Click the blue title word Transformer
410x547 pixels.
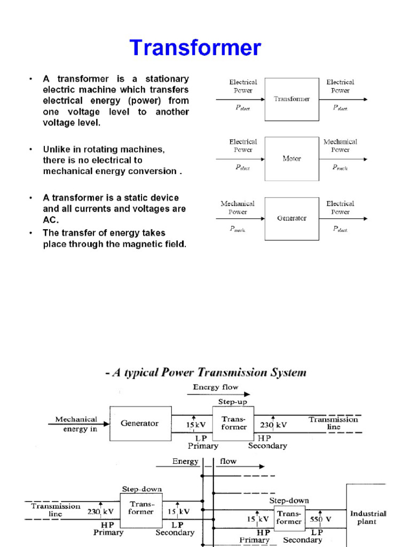195,48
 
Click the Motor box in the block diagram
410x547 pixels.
291,159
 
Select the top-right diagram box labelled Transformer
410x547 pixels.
291,99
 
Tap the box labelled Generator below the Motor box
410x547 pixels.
291,218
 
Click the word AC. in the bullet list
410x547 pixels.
51,220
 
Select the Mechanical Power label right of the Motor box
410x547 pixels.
340,146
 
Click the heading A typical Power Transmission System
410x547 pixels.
206,372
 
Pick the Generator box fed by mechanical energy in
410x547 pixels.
139,424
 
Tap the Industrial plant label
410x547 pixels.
368,517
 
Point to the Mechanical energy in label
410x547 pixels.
76,424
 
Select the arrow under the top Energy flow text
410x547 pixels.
218,394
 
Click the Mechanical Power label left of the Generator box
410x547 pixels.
238,207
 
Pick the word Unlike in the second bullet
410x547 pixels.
56,150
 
